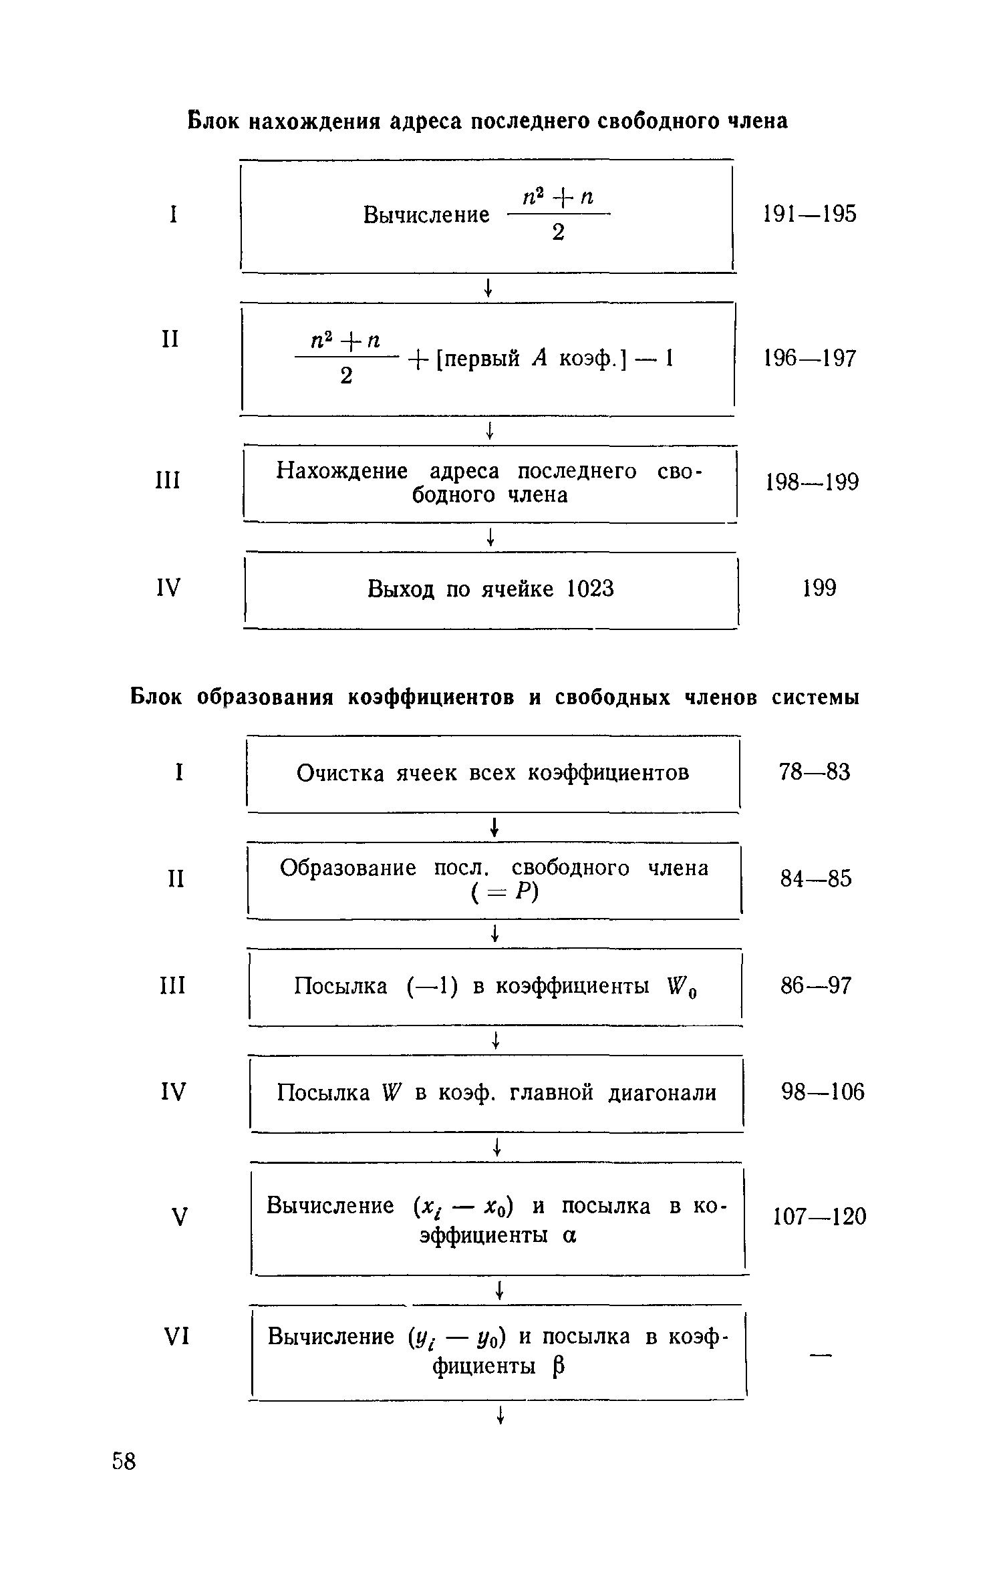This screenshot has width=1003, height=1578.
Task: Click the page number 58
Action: click(124, 1461)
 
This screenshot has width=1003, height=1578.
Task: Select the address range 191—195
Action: click(809, 214)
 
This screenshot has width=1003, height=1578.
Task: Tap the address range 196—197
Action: click(809, 359)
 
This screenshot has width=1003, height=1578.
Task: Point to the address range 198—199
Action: click(811, 482)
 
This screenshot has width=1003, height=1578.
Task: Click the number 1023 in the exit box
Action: click(590, 589)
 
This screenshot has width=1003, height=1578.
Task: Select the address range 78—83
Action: click(815, 772)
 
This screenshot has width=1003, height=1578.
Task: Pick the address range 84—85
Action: click(816, 879)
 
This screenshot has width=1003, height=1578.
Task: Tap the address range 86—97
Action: click(816, 985)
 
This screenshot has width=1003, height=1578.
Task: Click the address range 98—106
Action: click(823, 1092)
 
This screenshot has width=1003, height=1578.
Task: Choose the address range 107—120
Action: click(819, 1216)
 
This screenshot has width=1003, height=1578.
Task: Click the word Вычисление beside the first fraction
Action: click(426, 215)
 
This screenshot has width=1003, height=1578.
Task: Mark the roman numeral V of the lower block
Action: click(178, 1217)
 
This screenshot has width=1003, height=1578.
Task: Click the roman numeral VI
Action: click(177, 1337)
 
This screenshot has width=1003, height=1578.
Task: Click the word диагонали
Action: click(662, 1093)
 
